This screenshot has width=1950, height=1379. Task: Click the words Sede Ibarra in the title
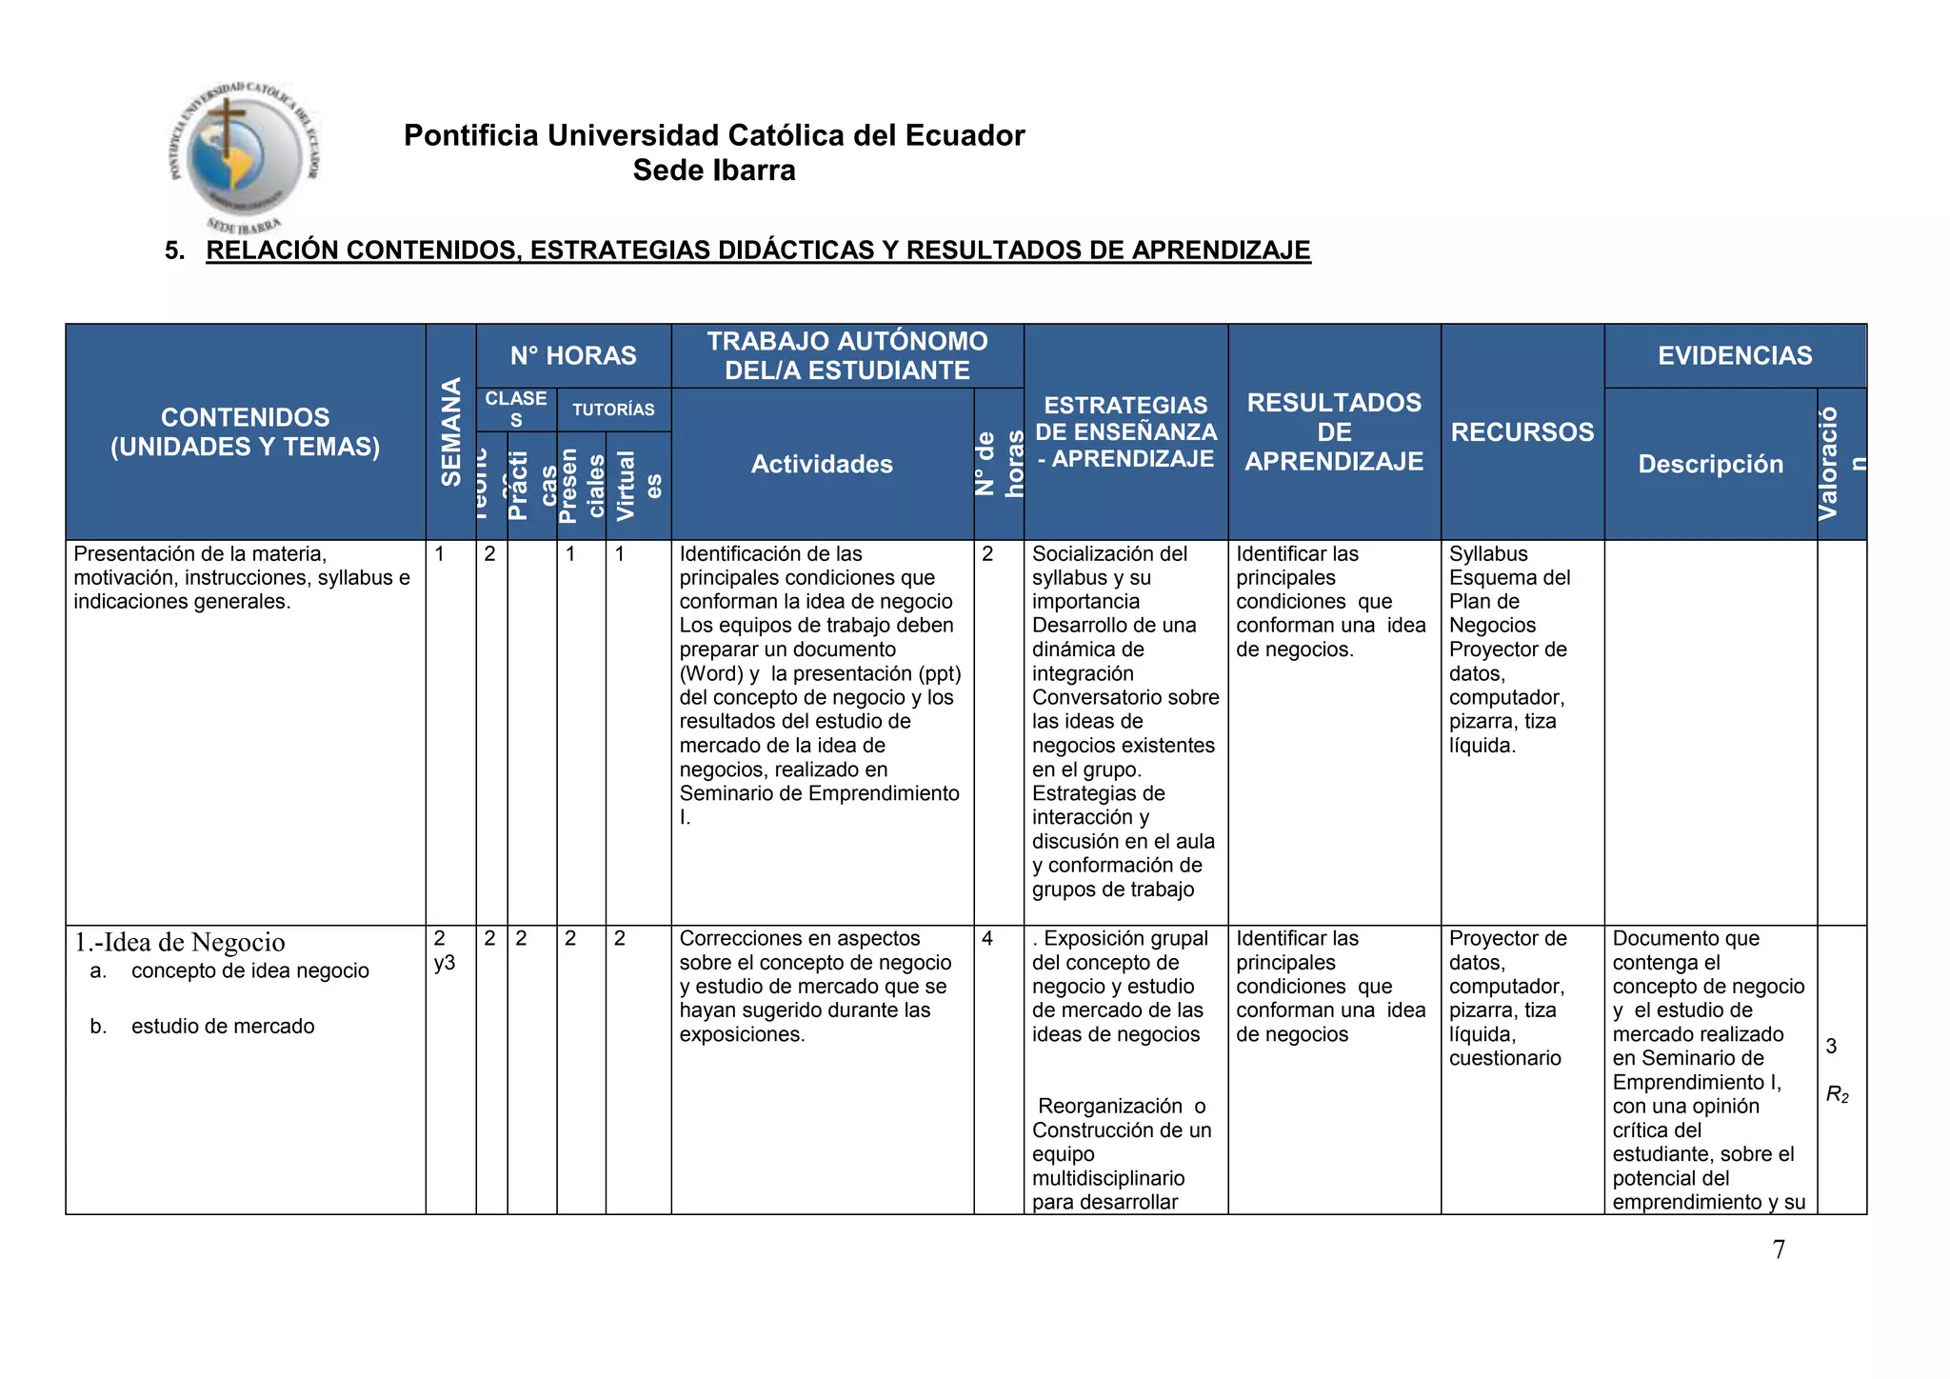(x=714, y=170)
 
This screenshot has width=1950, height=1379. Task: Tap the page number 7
(x=1779, y=1249)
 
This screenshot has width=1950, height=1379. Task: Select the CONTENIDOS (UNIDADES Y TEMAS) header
(x=246, y=431)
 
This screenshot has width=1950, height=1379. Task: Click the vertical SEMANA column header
(x=450, y=431)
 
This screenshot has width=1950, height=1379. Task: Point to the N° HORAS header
(x=573, y=355)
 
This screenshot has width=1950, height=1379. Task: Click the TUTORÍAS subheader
(x=613, y=410)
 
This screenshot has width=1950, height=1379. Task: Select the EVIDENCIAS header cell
(x=1735, y=355)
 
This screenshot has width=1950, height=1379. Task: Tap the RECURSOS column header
(x=1522, y=431)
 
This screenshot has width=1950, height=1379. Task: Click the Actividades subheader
(x=822, y=464)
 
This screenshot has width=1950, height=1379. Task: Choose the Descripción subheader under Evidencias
(x=1710, y=464)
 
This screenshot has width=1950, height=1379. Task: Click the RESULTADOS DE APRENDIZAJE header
(x=1334, y=431)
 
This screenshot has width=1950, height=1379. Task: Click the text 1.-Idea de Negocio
(x=180, y=942)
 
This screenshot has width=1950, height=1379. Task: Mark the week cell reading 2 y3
(x=444, y=950)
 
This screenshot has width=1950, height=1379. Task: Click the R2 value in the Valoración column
(x=1837, y=1094)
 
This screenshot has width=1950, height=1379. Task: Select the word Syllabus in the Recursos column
(x=1488, y=554)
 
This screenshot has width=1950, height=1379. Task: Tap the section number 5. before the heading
(x=174, y=250)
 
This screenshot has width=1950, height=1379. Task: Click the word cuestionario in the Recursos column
(x=1504, y=1058)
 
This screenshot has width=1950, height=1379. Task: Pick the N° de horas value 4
(x=986, y=939)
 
